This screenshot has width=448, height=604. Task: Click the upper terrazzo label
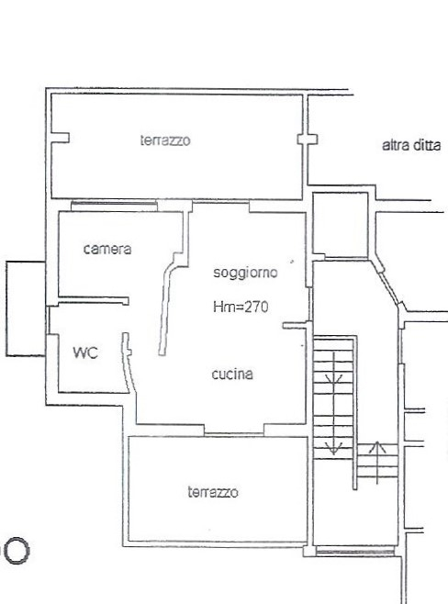click(x=165, y=140)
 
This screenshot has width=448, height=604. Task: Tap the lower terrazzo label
click(x=213, y=492)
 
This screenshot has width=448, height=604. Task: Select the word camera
click(x=107, y=249)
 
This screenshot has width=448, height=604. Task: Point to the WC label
click(x=85, y=352)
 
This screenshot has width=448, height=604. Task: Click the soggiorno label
click(x=245, y=273)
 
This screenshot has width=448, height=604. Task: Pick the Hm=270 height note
click(x=241, y=307)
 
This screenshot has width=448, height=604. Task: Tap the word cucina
click(x=232, y=374)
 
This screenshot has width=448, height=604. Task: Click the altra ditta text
click(x=411, y=145)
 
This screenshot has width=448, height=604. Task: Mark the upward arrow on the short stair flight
click(x=377, y=463)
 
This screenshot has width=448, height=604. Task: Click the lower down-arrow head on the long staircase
click(x=333, y=448)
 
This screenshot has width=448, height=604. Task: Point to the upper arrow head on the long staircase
click(x=333, y=378)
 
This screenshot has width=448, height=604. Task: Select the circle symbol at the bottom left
click(x=17, y=551)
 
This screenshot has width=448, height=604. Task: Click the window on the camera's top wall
click(x=114, y=207)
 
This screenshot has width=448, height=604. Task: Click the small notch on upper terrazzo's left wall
click(x=61, y=138)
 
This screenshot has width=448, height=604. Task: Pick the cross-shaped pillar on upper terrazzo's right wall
click(x=307, y=139)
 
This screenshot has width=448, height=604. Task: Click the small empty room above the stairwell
click(x=341, y=225)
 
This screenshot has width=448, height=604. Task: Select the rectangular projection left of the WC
click(x=26, y=308)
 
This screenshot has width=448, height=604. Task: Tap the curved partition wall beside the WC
click(x=128, y=362)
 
